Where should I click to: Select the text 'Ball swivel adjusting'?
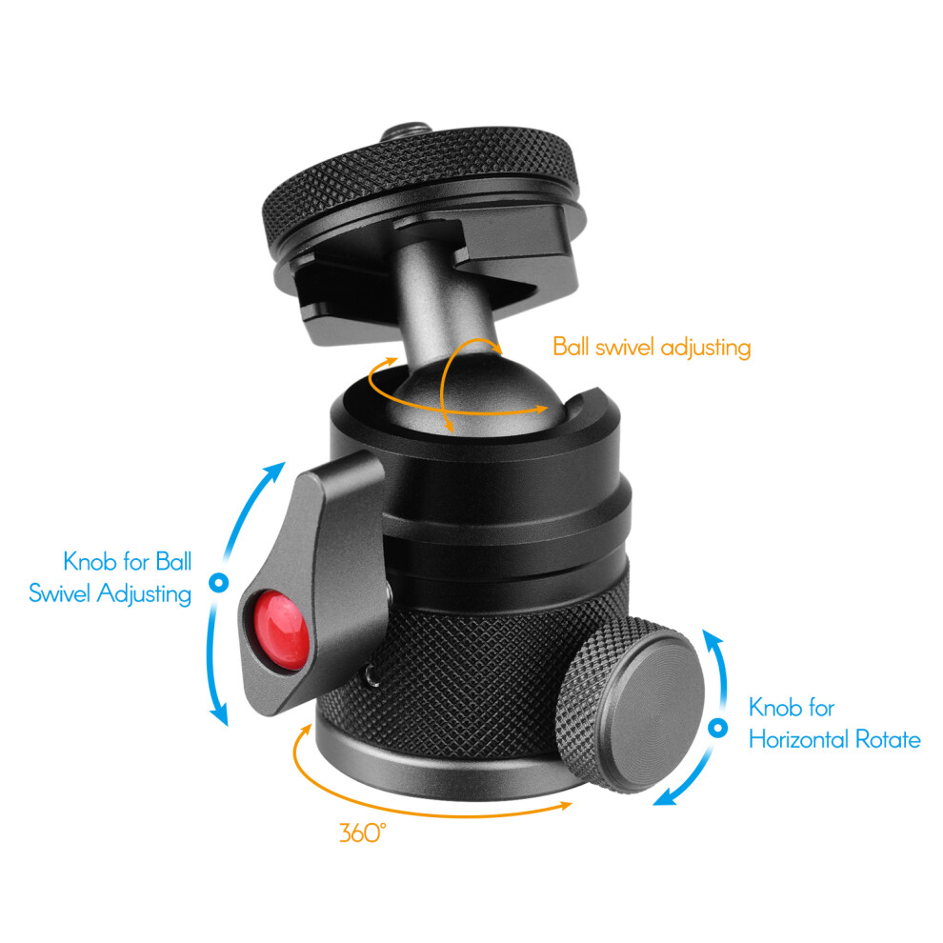coord(652,348)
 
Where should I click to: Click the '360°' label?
coord(362,833)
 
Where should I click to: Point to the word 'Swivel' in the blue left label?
coord(60,593)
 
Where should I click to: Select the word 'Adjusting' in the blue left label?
coord(145,594)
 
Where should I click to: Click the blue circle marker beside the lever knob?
coord(218,582)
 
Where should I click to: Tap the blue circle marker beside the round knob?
coord(717,728)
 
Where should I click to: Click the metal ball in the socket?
coord(475,397)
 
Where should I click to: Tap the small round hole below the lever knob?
coord(372,678)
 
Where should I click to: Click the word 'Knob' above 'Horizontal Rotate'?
coord(773,708)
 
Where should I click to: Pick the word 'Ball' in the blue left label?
coord(173,561)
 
